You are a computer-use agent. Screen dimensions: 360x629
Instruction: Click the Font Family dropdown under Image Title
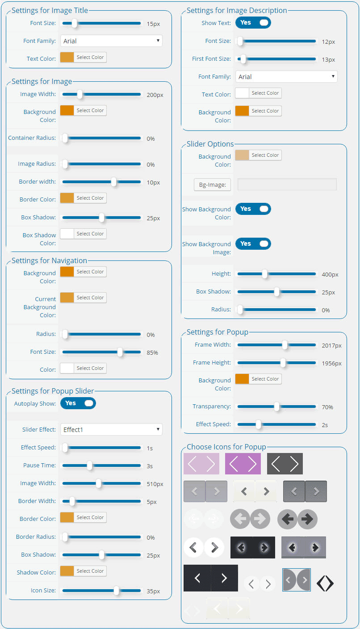111,41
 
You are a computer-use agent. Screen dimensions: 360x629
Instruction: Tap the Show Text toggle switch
253,23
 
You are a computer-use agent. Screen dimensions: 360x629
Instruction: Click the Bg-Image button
212,185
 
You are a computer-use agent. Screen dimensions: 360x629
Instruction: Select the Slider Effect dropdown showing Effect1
111,429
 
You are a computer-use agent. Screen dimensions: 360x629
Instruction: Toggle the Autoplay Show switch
78,403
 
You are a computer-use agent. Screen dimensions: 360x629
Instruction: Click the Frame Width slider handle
285,345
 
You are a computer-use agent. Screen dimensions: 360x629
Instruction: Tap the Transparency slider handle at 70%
277,407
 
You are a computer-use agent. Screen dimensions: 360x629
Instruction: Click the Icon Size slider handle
116,591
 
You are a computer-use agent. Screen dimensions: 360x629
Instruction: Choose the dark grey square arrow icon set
285,464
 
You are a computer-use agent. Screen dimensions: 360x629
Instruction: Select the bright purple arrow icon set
243,464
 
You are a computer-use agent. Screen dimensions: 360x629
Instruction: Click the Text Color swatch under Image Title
67,57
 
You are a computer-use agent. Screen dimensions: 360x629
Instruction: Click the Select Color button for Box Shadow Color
90,234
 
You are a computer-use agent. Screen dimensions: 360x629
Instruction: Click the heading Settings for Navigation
50,260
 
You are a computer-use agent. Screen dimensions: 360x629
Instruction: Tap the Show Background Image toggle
253,244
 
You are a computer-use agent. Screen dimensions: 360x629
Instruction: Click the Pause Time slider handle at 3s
90,465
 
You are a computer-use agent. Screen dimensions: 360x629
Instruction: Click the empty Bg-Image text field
287,185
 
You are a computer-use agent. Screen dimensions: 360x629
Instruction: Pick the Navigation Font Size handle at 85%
120,352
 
